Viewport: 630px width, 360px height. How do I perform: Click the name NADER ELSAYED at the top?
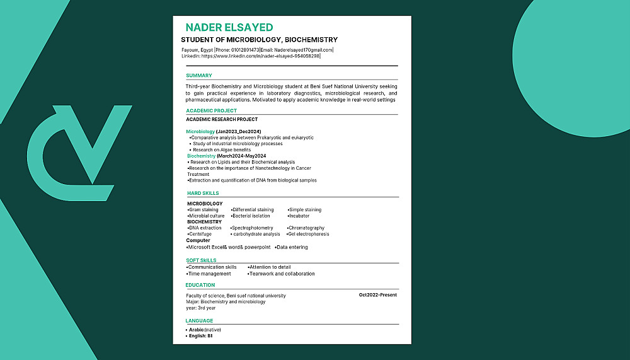(229, 27)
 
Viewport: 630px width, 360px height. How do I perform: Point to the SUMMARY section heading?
(199, 76)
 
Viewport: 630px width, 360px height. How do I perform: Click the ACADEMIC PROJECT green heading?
(212, 111)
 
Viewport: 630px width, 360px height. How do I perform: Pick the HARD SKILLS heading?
(203, 193)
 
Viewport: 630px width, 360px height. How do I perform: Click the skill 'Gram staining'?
(203, 209)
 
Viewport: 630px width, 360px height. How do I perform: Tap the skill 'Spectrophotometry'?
(252, 228)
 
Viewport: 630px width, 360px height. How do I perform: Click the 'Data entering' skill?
(292, 247)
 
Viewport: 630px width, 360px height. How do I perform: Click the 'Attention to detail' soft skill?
(270, 267)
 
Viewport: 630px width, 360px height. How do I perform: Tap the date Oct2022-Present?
(378, 295)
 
